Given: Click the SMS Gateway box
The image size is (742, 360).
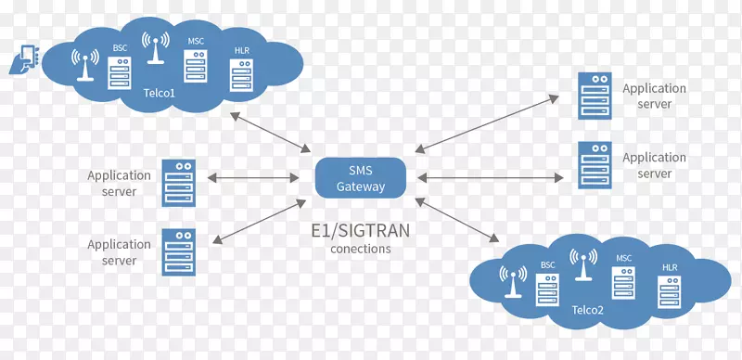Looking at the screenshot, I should pyautogui.click(x=360, y=177).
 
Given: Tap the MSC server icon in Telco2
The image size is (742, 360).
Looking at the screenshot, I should pyautogui.click(x=622, y=280).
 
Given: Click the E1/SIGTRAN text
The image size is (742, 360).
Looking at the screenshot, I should pyautogui.click(x=360, y=231).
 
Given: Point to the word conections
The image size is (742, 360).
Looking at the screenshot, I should pyautogui.click(x=360, y=249).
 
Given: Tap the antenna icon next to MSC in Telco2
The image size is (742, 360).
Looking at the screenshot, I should pyautogui.click(x=583, y=264).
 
